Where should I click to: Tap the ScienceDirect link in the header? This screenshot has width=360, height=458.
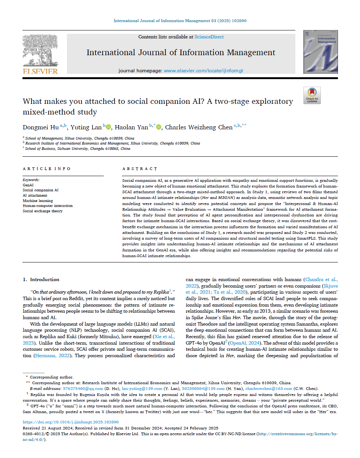pos(209,37)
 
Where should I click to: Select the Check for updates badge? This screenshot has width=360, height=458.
pos(312,95)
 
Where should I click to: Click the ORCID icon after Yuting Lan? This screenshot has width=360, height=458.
pos(108,127)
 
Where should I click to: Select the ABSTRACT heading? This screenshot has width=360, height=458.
pos(140,169)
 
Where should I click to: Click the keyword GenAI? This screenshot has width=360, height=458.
pos(28,184)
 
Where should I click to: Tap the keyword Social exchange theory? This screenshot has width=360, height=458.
pos(43,211)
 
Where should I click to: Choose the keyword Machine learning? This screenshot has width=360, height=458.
pos(38,200)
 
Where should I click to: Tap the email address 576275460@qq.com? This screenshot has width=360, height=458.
pos(83,388)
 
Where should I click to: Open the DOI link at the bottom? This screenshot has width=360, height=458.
pos(71,422)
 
